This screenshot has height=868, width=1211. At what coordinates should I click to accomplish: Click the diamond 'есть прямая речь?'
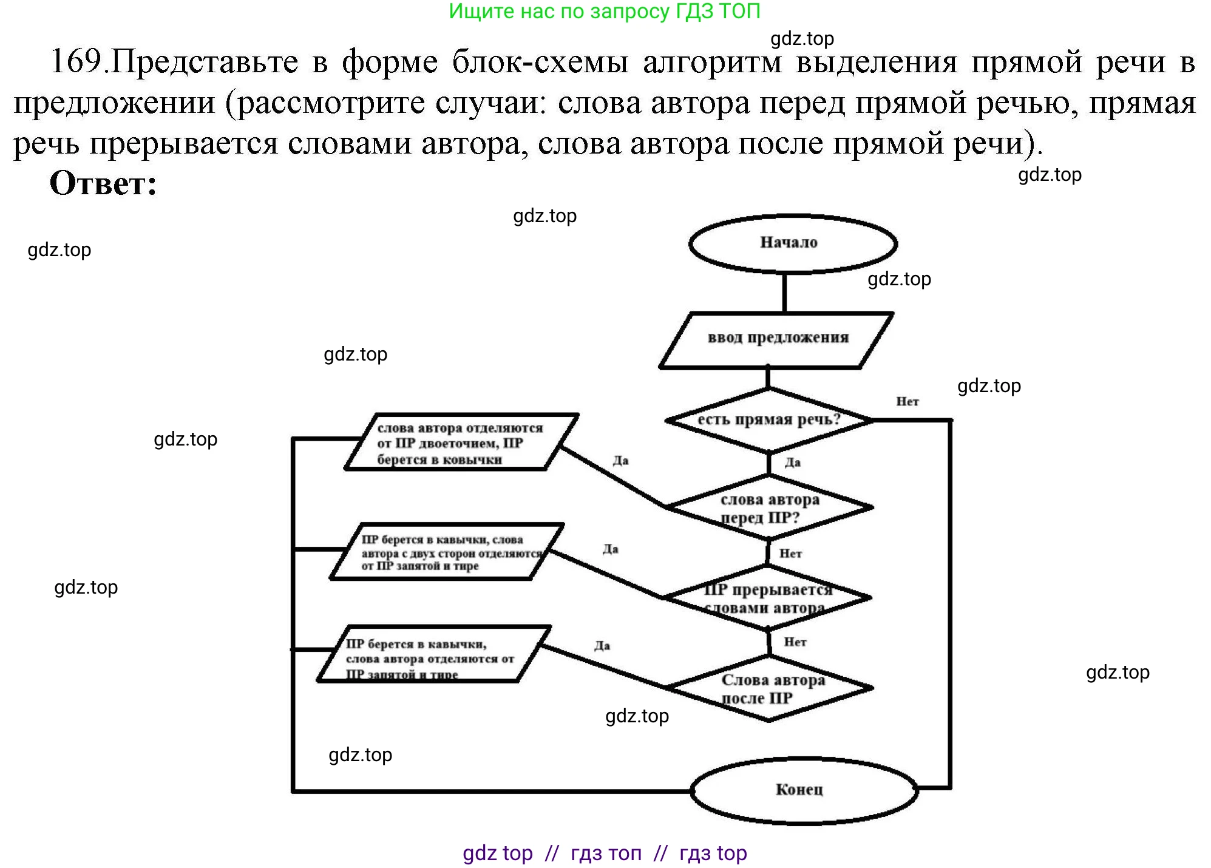[x=768, y=420]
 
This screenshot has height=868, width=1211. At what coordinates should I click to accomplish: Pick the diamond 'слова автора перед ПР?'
[x=770, y=508]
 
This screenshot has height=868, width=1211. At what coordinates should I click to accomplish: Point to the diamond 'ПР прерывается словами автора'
[x=768, y=598]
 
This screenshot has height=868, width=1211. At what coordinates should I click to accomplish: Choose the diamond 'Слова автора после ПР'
[x=770, y=689]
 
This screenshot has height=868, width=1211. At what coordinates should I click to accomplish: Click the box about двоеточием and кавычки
[x=461, y=442]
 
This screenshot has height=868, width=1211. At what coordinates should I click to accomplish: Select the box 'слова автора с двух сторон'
[x=446, y=552]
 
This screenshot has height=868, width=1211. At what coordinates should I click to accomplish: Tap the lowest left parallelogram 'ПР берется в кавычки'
[x=433, y=654]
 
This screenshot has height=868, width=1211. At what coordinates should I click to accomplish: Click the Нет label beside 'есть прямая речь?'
[x=907, y=401]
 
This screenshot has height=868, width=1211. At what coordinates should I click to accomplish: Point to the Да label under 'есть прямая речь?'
[x=792, y=463]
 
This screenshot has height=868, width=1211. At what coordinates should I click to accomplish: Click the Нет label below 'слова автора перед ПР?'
[x=790, y=553]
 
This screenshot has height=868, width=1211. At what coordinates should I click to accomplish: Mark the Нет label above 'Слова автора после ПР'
[x=795, y=642]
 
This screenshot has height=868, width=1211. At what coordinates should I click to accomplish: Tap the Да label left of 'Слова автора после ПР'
[x=602, y=645]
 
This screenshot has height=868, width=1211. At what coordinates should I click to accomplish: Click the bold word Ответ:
[x=103, y=183]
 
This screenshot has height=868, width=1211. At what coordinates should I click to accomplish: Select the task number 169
[x=76, y=61]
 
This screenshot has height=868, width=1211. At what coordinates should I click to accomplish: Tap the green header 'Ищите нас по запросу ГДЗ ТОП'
[x=604, y=11]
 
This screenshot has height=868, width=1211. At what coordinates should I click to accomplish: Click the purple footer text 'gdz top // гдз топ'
[x=604, y=853]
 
